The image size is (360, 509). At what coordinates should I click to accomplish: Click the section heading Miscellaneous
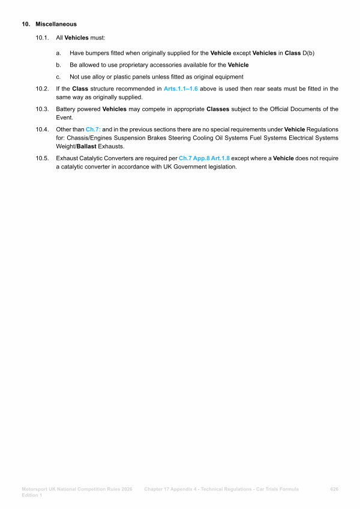56,25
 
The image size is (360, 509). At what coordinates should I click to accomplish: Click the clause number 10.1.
42,38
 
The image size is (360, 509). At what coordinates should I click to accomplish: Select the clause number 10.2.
42,89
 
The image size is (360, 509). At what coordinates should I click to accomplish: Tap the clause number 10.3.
42,109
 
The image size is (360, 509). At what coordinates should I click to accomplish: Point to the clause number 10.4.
42,129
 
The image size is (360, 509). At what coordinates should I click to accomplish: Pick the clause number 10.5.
42,159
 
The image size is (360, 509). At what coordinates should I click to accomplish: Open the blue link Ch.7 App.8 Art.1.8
204,159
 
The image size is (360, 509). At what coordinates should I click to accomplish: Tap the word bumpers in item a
97,53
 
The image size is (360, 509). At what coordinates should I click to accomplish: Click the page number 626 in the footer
335,489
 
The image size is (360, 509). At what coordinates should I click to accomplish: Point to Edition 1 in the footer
32,495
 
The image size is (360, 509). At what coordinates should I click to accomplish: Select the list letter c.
58,77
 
